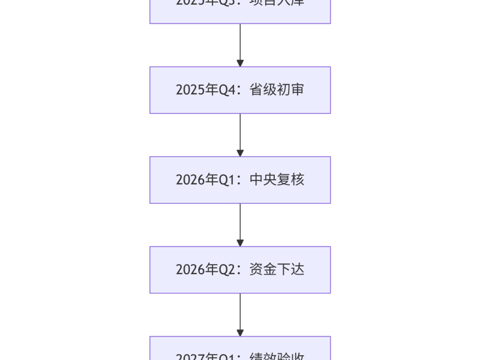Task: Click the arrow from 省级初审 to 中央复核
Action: click(240, 133)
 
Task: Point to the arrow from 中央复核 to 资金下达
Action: click(240, 223)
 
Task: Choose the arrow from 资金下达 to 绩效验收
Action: click(240, 313)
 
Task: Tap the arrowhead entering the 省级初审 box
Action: click(240, 63)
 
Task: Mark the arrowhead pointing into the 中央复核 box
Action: click(240, 153)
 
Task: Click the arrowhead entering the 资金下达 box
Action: click(240, 243)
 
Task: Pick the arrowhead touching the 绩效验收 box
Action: click(240, 333)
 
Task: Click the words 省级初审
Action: click(277, 90)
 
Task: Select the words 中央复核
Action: click(277, 180)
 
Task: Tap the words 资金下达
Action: click(277, 270)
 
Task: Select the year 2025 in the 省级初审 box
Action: click(190, 90)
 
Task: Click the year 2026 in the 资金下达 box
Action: click(190, 270)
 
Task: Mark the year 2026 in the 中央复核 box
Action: click(190, 180)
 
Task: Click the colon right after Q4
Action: click(239, 91)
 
